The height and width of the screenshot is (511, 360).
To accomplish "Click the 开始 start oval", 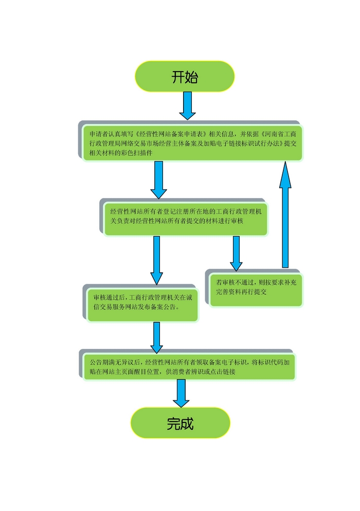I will point(185,77).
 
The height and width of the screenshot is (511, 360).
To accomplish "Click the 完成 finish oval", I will point(180,423).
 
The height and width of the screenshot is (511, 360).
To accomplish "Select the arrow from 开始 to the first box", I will point(187,105).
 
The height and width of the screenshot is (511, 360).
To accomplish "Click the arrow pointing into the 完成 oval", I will point(181,393).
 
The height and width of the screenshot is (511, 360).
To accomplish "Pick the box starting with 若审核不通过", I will point(256,288).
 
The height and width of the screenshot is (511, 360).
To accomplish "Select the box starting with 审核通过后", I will point(142,303).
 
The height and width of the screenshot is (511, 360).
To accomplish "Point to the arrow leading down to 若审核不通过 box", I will point(236,253).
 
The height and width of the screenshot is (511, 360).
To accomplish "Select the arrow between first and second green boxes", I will point(158,180).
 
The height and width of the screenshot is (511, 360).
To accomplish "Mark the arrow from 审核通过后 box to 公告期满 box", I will point(156,338).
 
